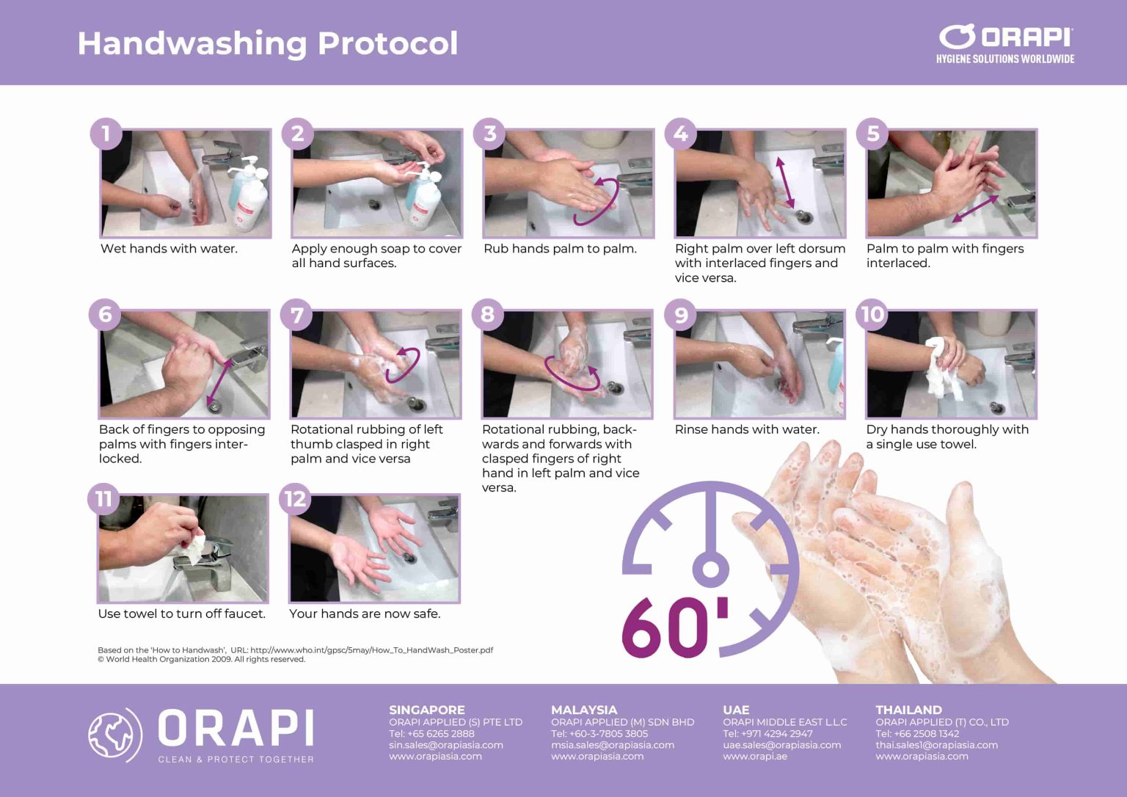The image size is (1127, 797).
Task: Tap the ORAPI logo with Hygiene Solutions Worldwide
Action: pyautogui.click(x=1004, y=44)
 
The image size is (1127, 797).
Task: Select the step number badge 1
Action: pyautogui.click(x=106, y=134)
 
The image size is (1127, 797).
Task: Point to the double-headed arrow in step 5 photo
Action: pyautogui.click(x=975, y=208)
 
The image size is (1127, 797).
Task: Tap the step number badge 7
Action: pyautogui.click(x=296, y=316)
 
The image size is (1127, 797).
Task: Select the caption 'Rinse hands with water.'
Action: pyautogui.click(x=746, y=429)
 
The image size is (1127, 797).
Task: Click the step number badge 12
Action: pyautogui.click(x=295, y=499)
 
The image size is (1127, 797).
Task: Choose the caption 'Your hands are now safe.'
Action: pyautogui.click(x=365, y=614)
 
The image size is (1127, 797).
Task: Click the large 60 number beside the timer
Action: pyautogui.click(x=665, y=627)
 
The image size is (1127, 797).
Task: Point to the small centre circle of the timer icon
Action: pyautogui.click(x=710, y=569)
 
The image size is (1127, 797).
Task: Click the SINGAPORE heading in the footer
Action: pyautogui.click(x=426, y=710)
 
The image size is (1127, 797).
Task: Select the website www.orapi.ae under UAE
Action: pyautogui.click(x=754, y=756)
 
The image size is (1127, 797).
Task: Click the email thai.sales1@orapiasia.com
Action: pyautogui.click(x=936, y=745)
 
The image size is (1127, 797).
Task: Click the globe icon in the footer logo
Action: pyautogui.click(x=114, y=735)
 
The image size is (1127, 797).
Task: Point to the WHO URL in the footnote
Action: pyautogui.click(x=371, y=650)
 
